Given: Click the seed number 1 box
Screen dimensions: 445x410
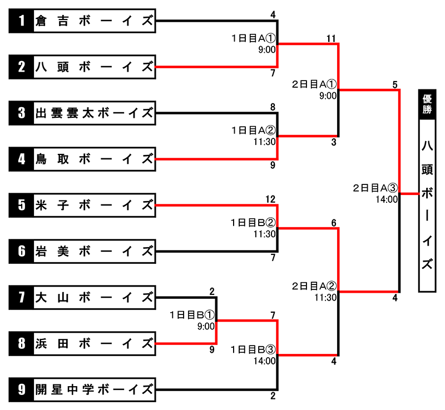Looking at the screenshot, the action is [21, 21].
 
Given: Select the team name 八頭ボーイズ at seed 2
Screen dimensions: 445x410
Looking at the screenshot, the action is [95, 67].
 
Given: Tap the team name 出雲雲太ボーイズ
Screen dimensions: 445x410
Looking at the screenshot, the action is [95, 113].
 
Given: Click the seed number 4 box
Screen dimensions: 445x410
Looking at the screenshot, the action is [21, 159].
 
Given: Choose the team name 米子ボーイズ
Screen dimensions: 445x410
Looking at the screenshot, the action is [95, 206].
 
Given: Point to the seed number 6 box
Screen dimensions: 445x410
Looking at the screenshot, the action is [21, 251].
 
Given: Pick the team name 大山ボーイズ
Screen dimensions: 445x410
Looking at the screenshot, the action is [95, 297].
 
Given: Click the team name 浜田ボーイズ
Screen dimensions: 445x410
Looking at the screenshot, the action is [95, 344].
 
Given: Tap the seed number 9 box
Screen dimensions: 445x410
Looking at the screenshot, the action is [21, 389].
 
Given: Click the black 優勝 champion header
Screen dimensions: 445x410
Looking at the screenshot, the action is [427, 104].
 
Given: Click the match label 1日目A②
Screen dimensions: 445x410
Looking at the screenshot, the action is [254, 131].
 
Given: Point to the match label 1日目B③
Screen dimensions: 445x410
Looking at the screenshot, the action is [253, 349].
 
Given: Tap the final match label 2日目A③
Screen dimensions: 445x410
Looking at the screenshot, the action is [375, 188].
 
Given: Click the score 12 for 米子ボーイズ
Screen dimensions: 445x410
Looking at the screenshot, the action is [270, 199].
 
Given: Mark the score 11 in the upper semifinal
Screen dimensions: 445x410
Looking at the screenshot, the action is [331, 38].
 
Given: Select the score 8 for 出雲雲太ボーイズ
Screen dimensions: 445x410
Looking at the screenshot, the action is [273, 107].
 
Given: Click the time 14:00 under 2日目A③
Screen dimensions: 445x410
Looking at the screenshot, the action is [387, 199].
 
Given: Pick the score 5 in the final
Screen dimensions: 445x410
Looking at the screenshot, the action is [395, 84].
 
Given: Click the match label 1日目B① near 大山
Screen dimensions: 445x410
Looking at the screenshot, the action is [192, 315].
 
